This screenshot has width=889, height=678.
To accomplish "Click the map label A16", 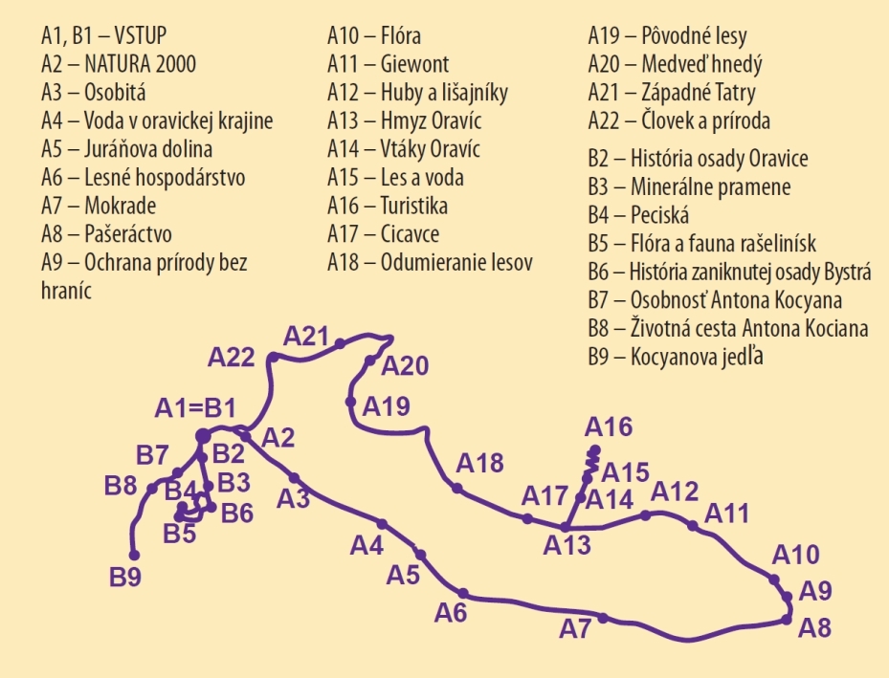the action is (610, 426).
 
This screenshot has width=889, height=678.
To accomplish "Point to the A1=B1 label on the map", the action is (195, 409).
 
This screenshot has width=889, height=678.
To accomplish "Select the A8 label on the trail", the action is (814, 628).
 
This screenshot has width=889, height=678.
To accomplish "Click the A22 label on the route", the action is (232, 358).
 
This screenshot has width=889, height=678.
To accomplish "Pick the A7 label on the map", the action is (575, 630).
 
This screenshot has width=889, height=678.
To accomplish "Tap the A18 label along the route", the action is (479, 464).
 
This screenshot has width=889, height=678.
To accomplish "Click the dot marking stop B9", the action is (135, 555).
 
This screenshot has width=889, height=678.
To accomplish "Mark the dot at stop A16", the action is (594, 449).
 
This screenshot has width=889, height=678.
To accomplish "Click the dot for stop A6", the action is (463, 593).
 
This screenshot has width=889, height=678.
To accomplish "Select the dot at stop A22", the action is (273, 357).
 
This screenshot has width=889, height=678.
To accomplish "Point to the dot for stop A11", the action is (693, 524).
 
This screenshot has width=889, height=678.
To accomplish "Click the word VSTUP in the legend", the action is (141, 36).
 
